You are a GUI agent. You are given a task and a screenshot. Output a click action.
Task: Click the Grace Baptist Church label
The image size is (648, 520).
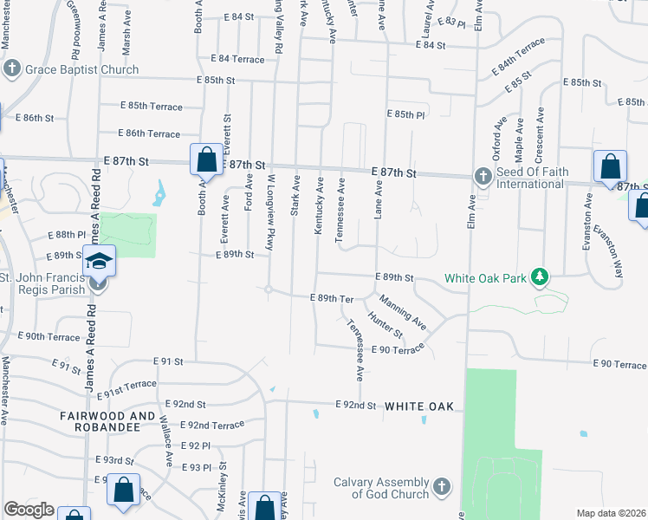point(81,69)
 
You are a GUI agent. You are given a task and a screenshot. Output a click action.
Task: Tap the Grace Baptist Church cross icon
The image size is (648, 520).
point(12,69)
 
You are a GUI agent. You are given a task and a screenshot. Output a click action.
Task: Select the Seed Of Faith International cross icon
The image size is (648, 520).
point(483,177)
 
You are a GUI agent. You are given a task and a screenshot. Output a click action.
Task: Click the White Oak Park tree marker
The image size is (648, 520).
point(541,277)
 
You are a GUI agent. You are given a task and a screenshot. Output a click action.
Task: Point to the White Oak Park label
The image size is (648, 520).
point(485,278)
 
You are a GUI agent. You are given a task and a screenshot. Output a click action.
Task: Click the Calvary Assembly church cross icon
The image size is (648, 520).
point(441,487)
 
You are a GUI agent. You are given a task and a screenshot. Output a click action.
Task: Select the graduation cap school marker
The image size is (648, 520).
point(98,258)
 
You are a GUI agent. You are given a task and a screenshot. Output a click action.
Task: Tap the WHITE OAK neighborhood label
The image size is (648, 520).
point(419,406)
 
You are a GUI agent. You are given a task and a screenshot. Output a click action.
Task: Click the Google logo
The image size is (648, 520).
point(29,510)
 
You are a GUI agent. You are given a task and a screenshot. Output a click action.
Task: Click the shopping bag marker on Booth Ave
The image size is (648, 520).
point(206,159)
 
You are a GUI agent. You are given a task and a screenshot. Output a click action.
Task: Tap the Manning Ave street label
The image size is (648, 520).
point(402,314)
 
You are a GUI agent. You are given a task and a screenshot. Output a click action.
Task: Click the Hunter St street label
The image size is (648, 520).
point(386,327)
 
